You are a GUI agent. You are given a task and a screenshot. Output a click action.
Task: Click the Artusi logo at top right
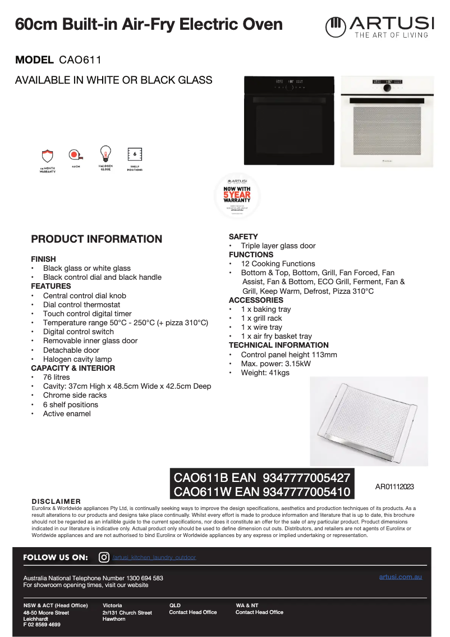click(x=379, y=27)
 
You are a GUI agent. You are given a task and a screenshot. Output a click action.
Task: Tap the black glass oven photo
click(x=289, y=121)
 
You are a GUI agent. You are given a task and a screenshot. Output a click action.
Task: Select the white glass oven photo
click(x=387, y=121)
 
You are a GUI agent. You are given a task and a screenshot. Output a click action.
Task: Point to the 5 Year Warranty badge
click(x=237, y=195)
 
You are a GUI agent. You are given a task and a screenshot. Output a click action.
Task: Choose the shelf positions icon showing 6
click(x=135, y=154)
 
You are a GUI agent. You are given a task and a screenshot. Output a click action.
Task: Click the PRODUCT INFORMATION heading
click(x=97, y=239)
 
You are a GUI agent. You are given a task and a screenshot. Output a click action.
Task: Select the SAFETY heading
click(x=243, y=236)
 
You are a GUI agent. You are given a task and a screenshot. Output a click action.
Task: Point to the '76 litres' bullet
click(x=56, y=377)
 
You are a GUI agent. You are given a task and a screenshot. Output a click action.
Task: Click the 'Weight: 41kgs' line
click(x=265, y=372)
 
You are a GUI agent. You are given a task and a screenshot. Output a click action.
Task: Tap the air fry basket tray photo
click(x=368, y=420)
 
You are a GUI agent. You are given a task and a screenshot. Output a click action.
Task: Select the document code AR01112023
click(x=394, y=487)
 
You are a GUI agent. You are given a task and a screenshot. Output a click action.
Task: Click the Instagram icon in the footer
click(x=104, y=557)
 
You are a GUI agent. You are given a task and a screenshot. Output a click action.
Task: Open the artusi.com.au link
click(x=400, y=577)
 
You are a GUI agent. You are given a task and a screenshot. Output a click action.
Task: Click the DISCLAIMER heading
click(x=56, y=501)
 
